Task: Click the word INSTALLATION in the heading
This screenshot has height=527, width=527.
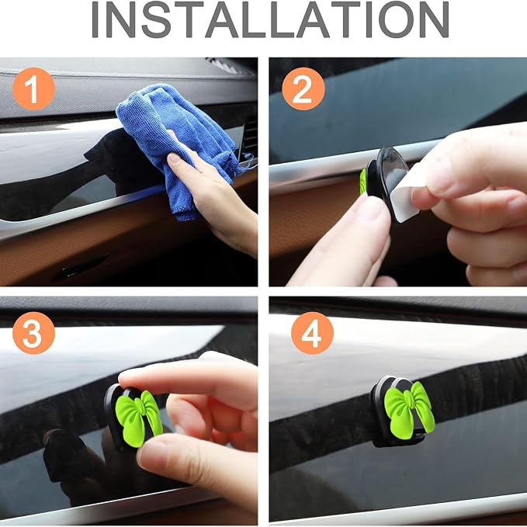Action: [270, 19]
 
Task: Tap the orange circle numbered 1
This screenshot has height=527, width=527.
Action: [33, 88]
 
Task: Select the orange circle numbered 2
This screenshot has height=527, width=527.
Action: [303, 88]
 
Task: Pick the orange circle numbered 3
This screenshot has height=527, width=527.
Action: [33, 333]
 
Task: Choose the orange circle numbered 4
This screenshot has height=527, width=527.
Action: [312, 333]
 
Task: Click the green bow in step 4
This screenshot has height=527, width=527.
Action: [409, 410]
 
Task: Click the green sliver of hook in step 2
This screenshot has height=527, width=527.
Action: [363, 182]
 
